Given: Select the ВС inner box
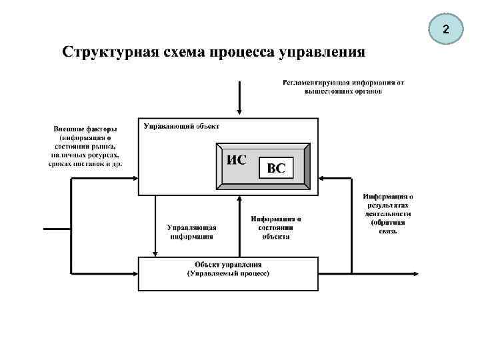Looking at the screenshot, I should (276, 169).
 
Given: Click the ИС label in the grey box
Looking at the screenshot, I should (237, 160).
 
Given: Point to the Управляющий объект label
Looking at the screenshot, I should (181, 126).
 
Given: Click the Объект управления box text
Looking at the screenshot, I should (228, 265).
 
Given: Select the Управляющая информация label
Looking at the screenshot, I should (191, 231).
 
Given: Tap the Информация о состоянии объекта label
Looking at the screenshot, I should (276, 227).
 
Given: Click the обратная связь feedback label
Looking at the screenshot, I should (387, 227).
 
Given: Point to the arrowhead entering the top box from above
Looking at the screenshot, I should (238, 115).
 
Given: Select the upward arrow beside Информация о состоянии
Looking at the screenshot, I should (239, 200).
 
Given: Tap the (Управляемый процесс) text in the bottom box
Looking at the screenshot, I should (228, 273).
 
